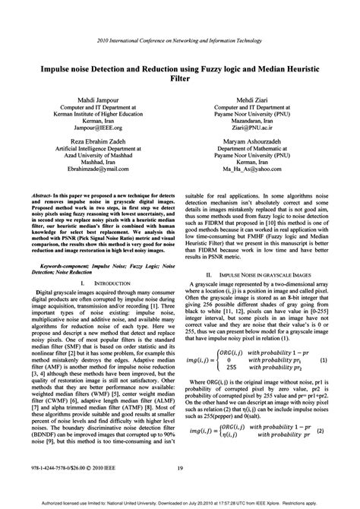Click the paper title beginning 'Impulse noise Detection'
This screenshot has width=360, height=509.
(x=180, y=72)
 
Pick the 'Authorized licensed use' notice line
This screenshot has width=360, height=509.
(x=180, y=502)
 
